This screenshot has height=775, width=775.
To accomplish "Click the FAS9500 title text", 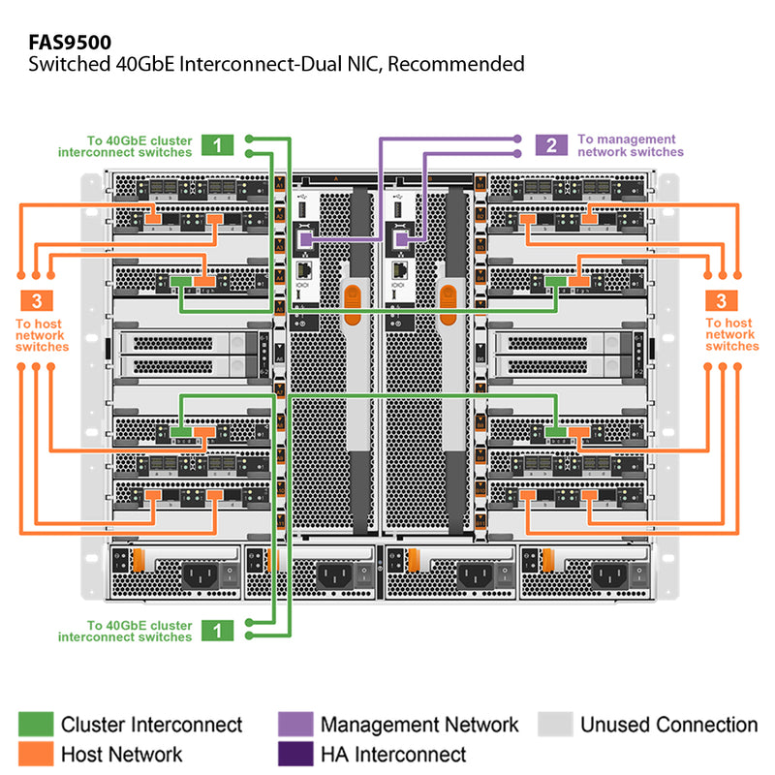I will (x=69, y=42).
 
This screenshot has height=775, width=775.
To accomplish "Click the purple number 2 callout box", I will (x=551, y=145).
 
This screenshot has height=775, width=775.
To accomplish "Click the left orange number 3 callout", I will (x=35, y=299).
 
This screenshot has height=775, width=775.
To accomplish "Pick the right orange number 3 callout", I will (x=722, y=299).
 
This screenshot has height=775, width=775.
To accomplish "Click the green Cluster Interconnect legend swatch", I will (x=35, y=725).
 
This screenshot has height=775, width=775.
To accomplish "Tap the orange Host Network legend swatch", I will (x=35, y=754).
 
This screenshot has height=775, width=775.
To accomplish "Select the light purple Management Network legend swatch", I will (x=294, y=725).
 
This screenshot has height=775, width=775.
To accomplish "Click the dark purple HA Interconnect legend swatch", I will (x=294, y=754).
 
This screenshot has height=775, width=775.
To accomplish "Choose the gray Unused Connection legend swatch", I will (x=554, y=725).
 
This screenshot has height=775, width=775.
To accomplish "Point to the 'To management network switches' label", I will (x=630, y=145).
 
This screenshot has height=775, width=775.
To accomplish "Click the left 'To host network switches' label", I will (x=42, y=334).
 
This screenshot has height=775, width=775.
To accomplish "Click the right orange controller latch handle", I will (x=448, y=301).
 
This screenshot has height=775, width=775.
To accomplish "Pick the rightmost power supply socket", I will (x=612, y=575).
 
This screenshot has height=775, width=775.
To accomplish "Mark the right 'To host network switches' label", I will (x=731, y=334).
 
